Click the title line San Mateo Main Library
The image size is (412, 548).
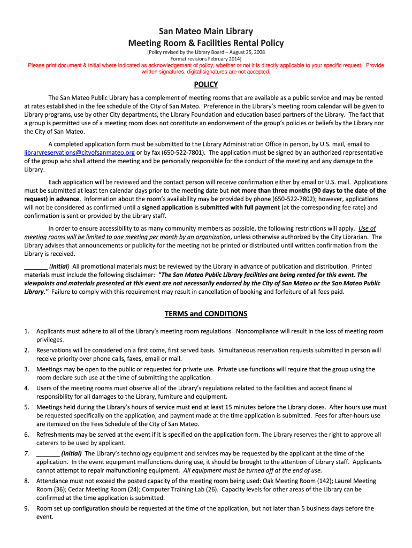pos(205,32)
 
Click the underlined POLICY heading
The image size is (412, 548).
pos(205,85)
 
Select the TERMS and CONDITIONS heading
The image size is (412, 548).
pos(205,314)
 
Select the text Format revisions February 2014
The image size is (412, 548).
pos(205,58)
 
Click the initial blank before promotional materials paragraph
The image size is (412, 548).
pos(35,266)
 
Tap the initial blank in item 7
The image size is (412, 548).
pos(47,453)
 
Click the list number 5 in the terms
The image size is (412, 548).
pos(26,407)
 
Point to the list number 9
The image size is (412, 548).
pos(26,508)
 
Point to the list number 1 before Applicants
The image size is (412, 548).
pos(26,331)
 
